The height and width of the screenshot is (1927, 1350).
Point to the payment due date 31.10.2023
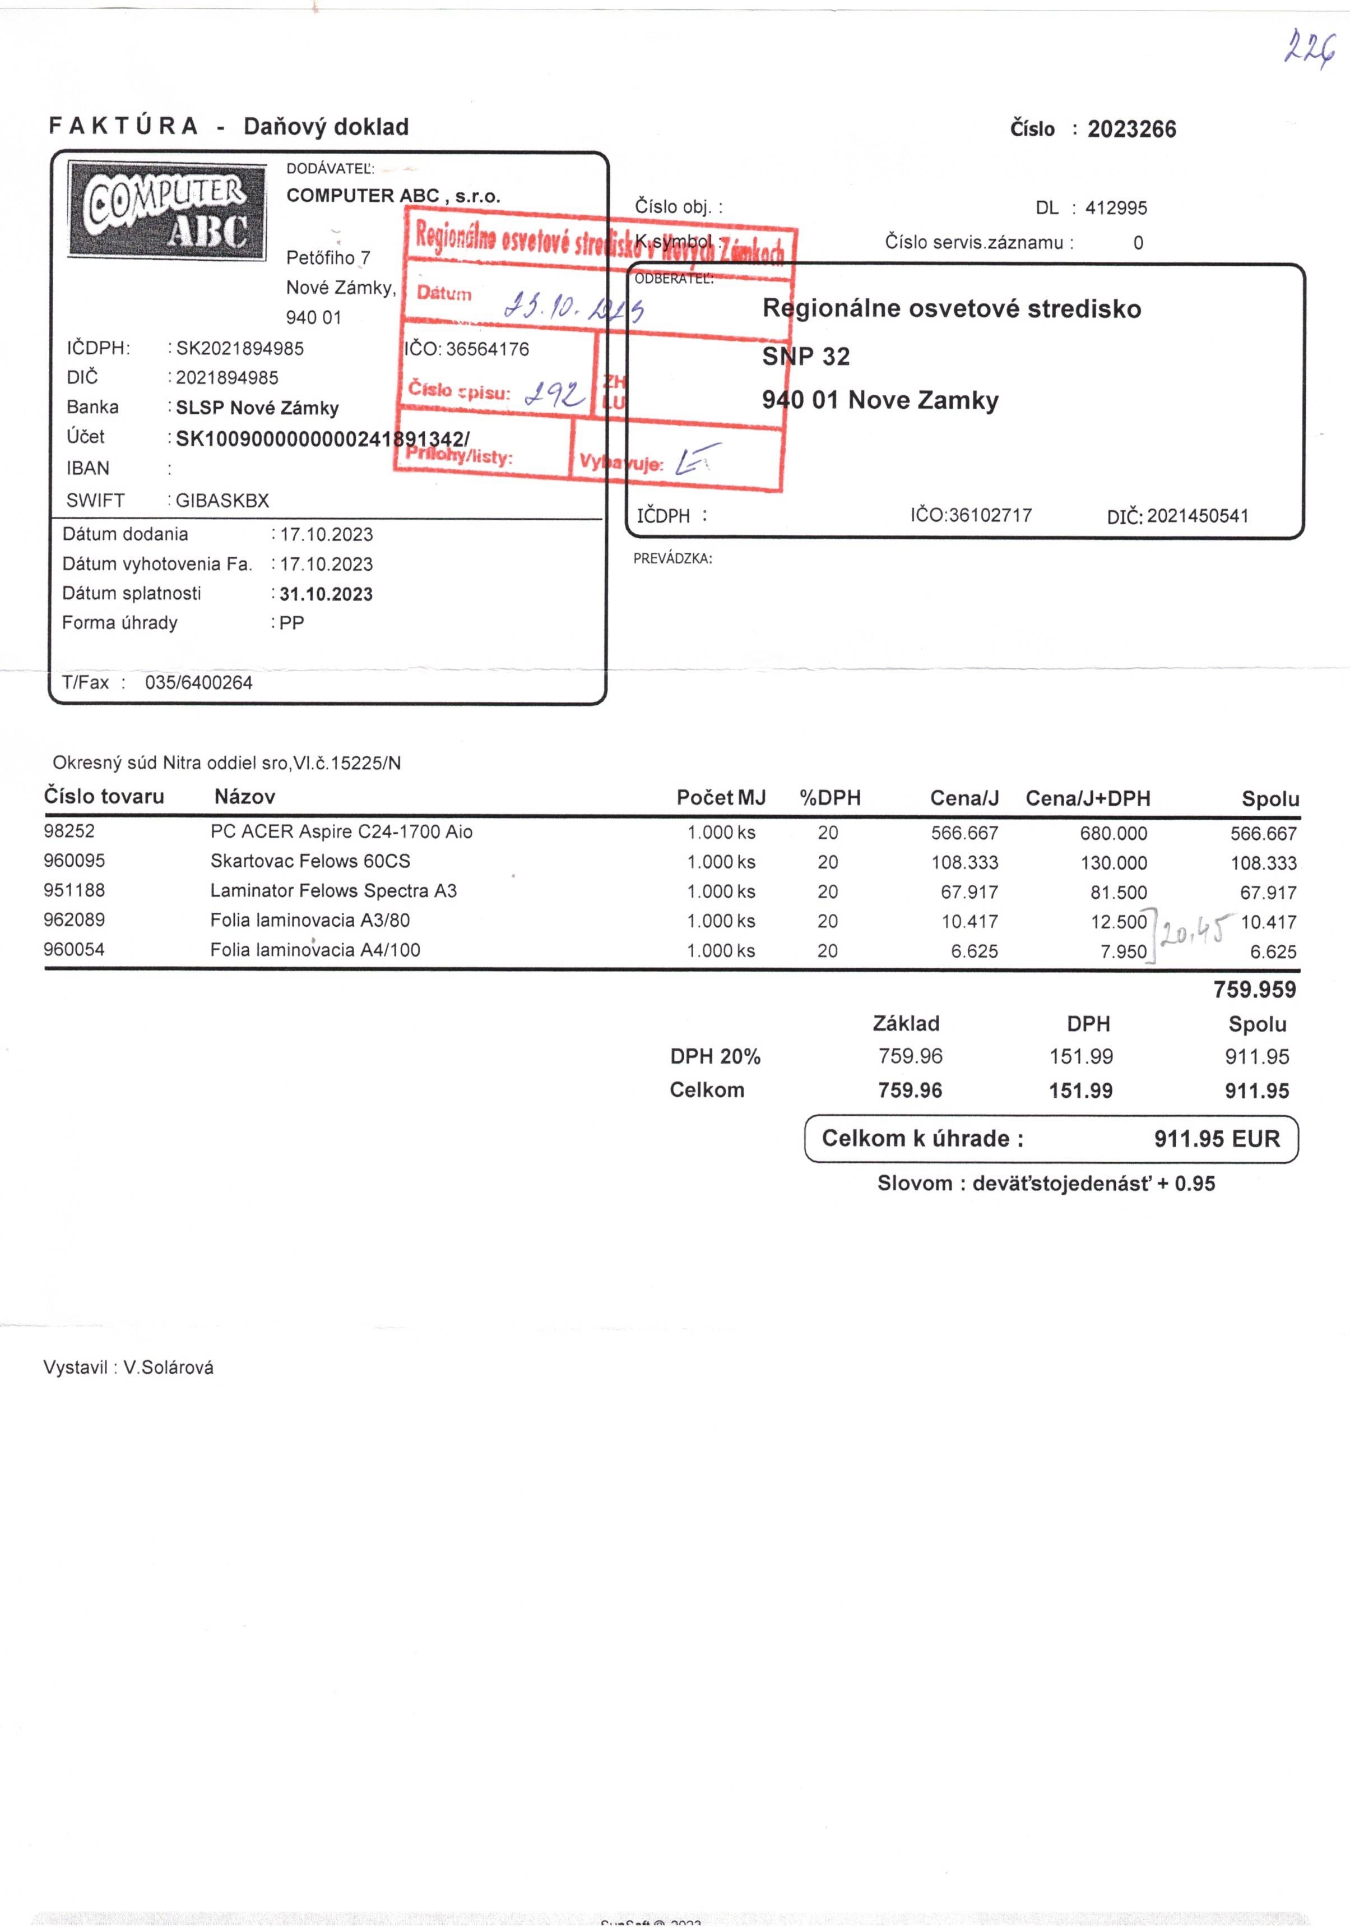(326, 594)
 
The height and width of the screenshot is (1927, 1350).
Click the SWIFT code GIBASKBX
(222, 501)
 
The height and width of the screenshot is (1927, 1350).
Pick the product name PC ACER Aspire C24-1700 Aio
(341, 831)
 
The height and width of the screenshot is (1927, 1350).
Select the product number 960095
(75, 861)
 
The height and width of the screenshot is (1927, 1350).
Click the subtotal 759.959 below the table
(1254, 990)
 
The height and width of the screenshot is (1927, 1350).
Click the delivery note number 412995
(1115, 208)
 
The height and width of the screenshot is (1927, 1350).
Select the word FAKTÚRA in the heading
(123, 127)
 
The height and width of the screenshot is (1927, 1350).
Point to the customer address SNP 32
(805, 357)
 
